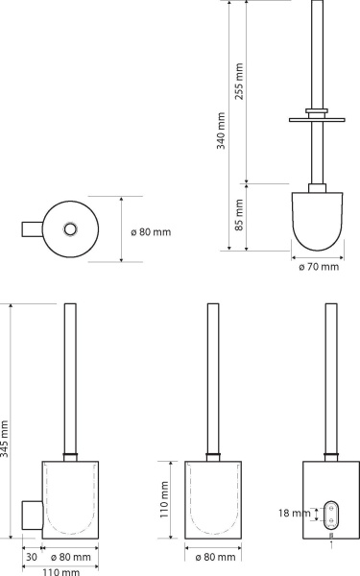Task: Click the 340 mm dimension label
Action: tap(221, 131)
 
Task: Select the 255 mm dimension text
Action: tap(239, 82)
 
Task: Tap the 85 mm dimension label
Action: tap(239, 215)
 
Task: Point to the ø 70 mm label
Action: tap(319, 267)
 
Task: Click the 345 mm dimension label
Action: tap(4, 439)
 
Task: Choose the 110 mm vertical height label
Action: tap(164, 499)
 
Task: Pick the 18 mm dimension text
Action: tap(295, 513)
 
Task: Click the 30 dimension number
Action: tap(32, 557)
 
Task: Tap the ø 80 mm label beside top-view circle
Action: tap(151, 232)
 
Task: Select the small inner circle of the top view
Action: tap(70, 229)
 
